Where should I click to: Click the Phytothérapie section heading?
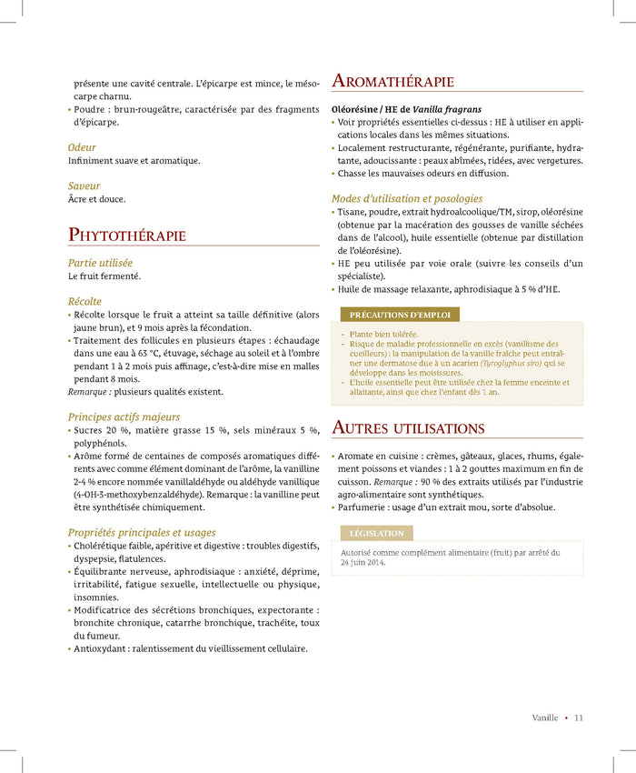tap(127, 236)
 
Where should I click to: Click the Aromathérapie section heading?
tap(393, 82)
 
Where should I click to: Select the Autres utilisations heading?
tap(408, 427)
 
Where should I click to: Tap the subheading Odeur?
tap(82, 147)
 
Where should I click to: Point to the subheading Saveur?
tap(84, 186)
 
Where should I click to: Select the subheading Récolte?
tap(85, 301)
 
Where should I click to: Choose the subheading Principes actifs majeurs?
tap(124, 417)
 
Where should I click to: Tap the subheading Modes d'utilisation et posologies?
tap(407, 198)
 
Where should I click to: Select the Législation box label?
tap(376, 534)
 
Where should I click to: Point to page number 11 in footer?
tap(579, 718)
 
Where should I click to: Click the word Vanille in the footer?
tap(545, 718)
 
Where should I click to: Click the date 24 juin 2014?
tap(363, 563)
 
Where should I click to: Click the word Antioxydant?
tap(103, 648)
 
